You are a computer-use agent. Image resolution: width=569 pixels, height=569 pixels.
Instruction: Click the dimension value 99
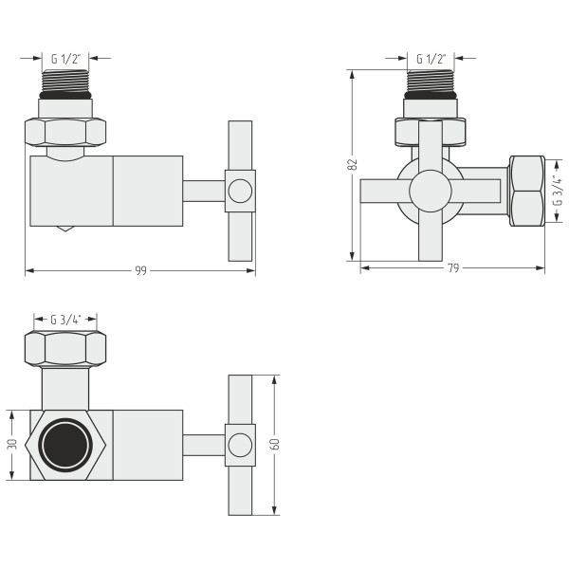(x=140, y=271)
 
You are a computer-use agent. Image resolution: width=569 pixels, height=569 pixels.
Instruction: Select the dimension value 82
(x=353, y=164)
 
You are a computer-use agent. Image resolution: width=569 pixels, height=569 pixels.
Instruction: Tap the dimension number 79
(x=453, y=268)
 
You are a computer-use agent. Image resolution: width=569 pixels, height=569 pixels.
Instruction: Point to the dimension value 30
(x=11, y=445)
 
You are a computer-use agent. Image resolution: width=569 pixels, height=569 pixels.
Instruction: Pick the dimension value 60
(x=275, y=445)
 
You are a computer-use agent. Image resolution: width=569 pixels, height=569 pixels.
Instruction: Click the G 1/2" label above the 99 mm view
(x=65, y=58)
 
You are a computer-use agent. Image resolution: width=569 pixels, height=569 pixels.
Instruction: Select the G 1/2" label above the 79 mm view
(x=431, y=59)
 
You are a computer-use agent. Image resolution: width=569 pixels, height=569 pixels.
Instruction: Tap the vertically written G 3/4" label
(x=559, y=190)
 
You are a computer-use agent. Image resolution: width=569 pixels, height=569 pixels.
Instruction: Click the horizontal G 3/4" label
(x=65, y=319)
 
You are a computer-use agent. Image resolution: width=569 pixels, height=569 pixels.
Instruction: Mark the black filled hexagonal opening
(x=65, y=445)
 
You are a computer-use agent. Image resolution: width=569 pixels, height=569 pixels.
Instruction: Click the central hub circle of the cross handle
(x=431, y=191)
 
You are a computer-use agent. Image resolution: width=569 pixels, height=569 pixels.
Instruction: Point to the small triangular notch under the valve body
(x=64, y=229)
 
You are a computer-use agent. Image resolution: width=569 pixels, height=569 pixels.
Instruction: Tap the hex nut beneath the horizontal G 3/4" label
(x=65, y=349)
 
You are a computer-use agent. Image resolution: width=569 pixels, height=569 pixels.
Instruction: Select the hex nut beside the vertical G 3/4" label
(x=526, y=190)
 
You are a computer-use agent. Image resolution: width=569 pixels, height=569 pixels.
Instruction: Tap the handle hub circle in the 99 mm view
(x=241, y=191)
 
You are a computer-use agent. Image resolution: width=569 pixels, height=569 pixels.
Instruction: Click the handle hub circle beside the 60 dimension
(x=241, y=445)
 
